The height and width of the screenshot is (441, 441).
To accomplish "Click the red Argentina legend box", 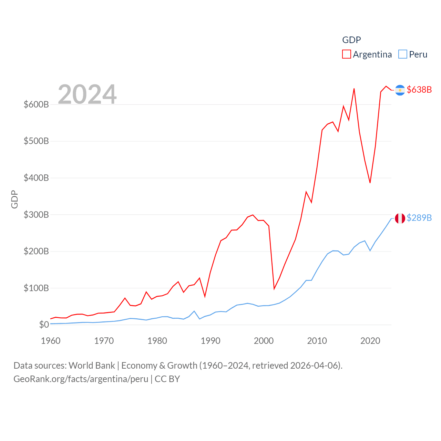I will pos(346,54).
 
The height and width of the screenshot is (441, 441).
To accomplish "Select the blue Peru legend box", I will pos(402,54).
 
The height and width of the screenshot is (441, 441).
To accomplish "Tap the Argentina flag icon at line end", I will pos(400,90).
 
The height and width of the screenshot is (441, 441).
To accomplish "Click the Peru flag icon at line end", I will pos(400,218).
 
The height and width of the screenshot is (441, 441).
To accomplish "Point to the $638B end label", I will pos(419,90).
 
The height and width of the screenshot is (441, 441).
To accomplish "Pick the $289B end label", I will pos(419,218).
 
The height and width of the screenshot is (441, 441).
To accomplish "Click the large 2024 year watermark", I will pos(87,94).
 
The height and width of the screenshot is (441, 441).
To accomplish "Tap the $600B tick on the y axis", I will pos(36,104).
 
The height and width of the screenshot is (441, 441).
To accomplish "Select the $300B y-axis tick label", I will pos(36,215).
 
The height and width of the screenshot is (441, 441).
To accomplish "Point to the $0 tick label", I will pos(44,325).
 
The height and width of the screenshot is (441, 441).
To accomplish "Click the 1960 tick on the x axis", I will pos(51,341).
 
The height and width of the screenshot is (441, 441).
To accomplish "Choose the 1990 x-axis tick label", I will pos(211,341).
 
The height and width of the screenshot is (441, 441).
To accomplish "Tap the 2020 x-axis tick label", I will pos(370,341).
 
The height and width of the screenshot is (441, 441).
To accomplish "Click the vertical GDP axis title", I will pos(14,199).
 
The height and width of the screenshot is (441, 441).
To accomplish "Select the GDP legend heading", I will pos(351,40).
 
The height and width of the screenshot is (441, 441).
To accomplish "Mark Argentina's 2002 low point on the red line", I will pos(274,289).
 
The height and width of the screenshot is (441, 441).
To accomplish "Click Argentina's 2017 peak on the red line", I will pos(354,89).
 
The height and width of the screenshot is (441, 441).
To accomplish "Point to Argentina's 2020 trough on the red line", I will pos(370,183).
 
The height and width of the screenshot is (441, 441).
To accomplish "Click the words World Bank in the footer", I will pos(92,365).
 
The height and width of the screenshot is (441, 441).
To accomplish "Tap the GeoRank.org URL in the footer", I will pos(81,379).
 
